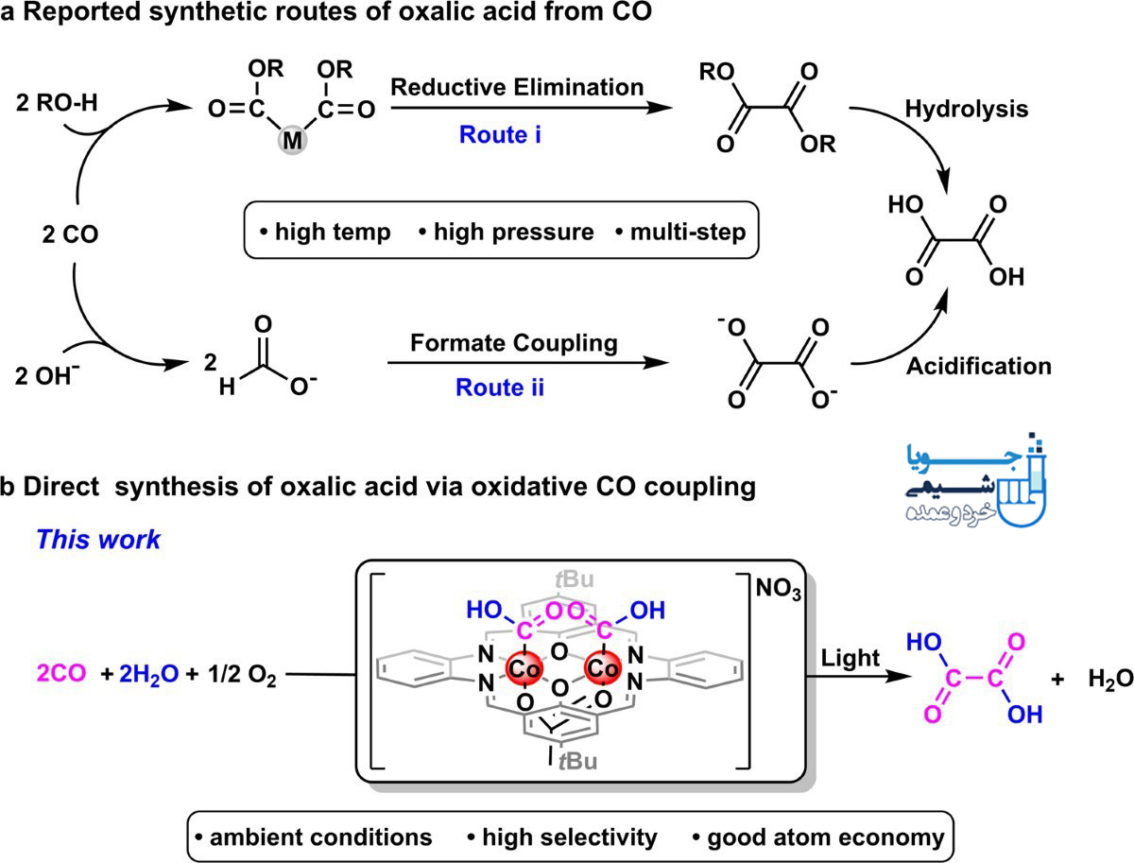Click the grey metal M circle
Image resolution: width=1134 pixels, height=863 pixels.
pos(292,140)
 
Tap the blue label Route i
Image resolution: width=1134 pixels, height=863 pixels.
pos(500,135)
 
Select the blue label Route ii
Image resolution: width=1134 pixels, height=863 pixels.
pos(500,388)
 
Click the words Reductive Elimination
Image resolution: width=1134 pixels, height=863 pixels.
pos(517,87)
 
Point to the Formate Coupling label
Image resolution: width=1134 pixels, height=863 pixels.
pos(514,343)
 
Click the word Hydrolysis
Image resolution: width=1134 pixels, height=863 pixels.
pos(967,109)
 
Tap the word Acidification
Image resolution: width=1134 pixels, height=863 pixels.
pos(979,366)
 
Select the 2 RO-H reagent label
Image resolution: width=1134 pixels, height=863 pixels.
pos(57,103)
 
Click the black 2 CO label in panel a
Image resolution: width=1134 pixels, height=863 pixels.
pos(70,234)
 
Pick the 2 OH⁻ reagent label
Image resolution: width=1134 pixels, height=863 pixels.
pos(47,374)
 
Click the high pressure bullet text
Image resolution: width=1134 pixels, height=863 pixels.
pos(507,232)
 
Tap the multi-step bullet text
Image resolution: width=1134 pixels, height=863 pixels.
pos(681,232)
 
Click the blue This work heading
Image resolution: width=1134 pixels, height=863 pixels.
pos(98,540)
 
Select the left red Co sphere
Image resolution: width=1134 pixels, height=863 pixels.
pos(524,668)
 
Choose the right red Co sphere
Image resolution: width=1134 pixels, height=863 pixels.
pos(602,667)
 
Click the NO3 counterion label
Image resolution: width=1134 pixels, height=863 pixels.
pos(779,589)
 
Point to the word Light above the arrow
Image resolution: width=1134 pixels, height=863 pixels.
pos(850,658)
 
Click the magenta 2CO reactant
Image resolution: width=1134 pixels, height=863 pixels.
pos(61,673)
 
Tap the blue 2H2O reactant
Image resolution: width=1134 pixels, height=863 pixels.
pos(148,674)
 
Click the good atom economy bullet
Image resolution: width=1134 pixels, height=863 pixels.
pos(819,837)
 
